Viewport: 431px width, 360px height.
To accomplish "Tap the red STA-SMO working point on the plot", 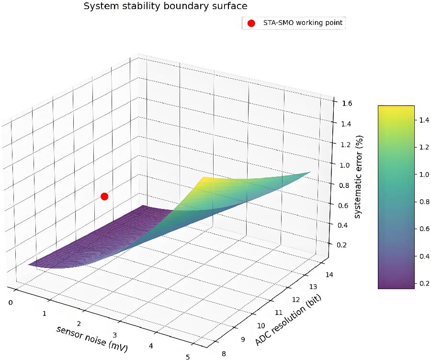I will tap(104, 196).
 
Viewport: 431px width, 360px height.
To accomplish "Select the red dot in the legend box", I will tap(251, 23).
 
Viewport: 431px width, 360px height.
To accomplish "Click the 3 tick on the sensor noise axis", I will tap(114, 334).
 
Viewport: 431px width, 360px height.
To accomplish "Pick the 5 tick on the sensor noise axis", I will tap(188, 356).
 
